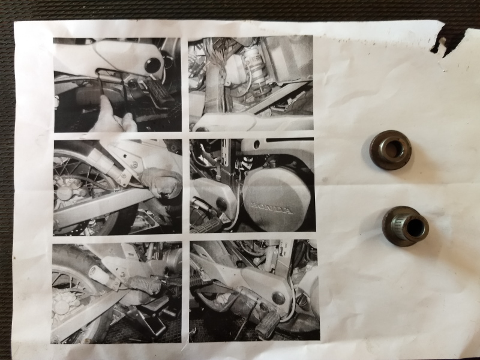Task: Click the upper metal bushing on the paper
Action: point(390,149)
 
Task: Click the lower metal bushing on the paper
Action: point(405,226)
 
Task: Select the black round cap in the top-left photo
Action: point(152,65)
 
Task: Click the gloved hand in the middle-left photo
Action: point(161,182)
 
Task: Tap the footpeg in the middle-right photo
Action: point(206,227)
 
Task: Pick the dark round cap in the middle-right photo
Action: point(221,204)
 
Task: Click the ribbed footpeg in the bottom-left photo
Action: point(143,285)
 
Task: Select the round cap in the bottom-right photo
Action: point(278,298)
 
